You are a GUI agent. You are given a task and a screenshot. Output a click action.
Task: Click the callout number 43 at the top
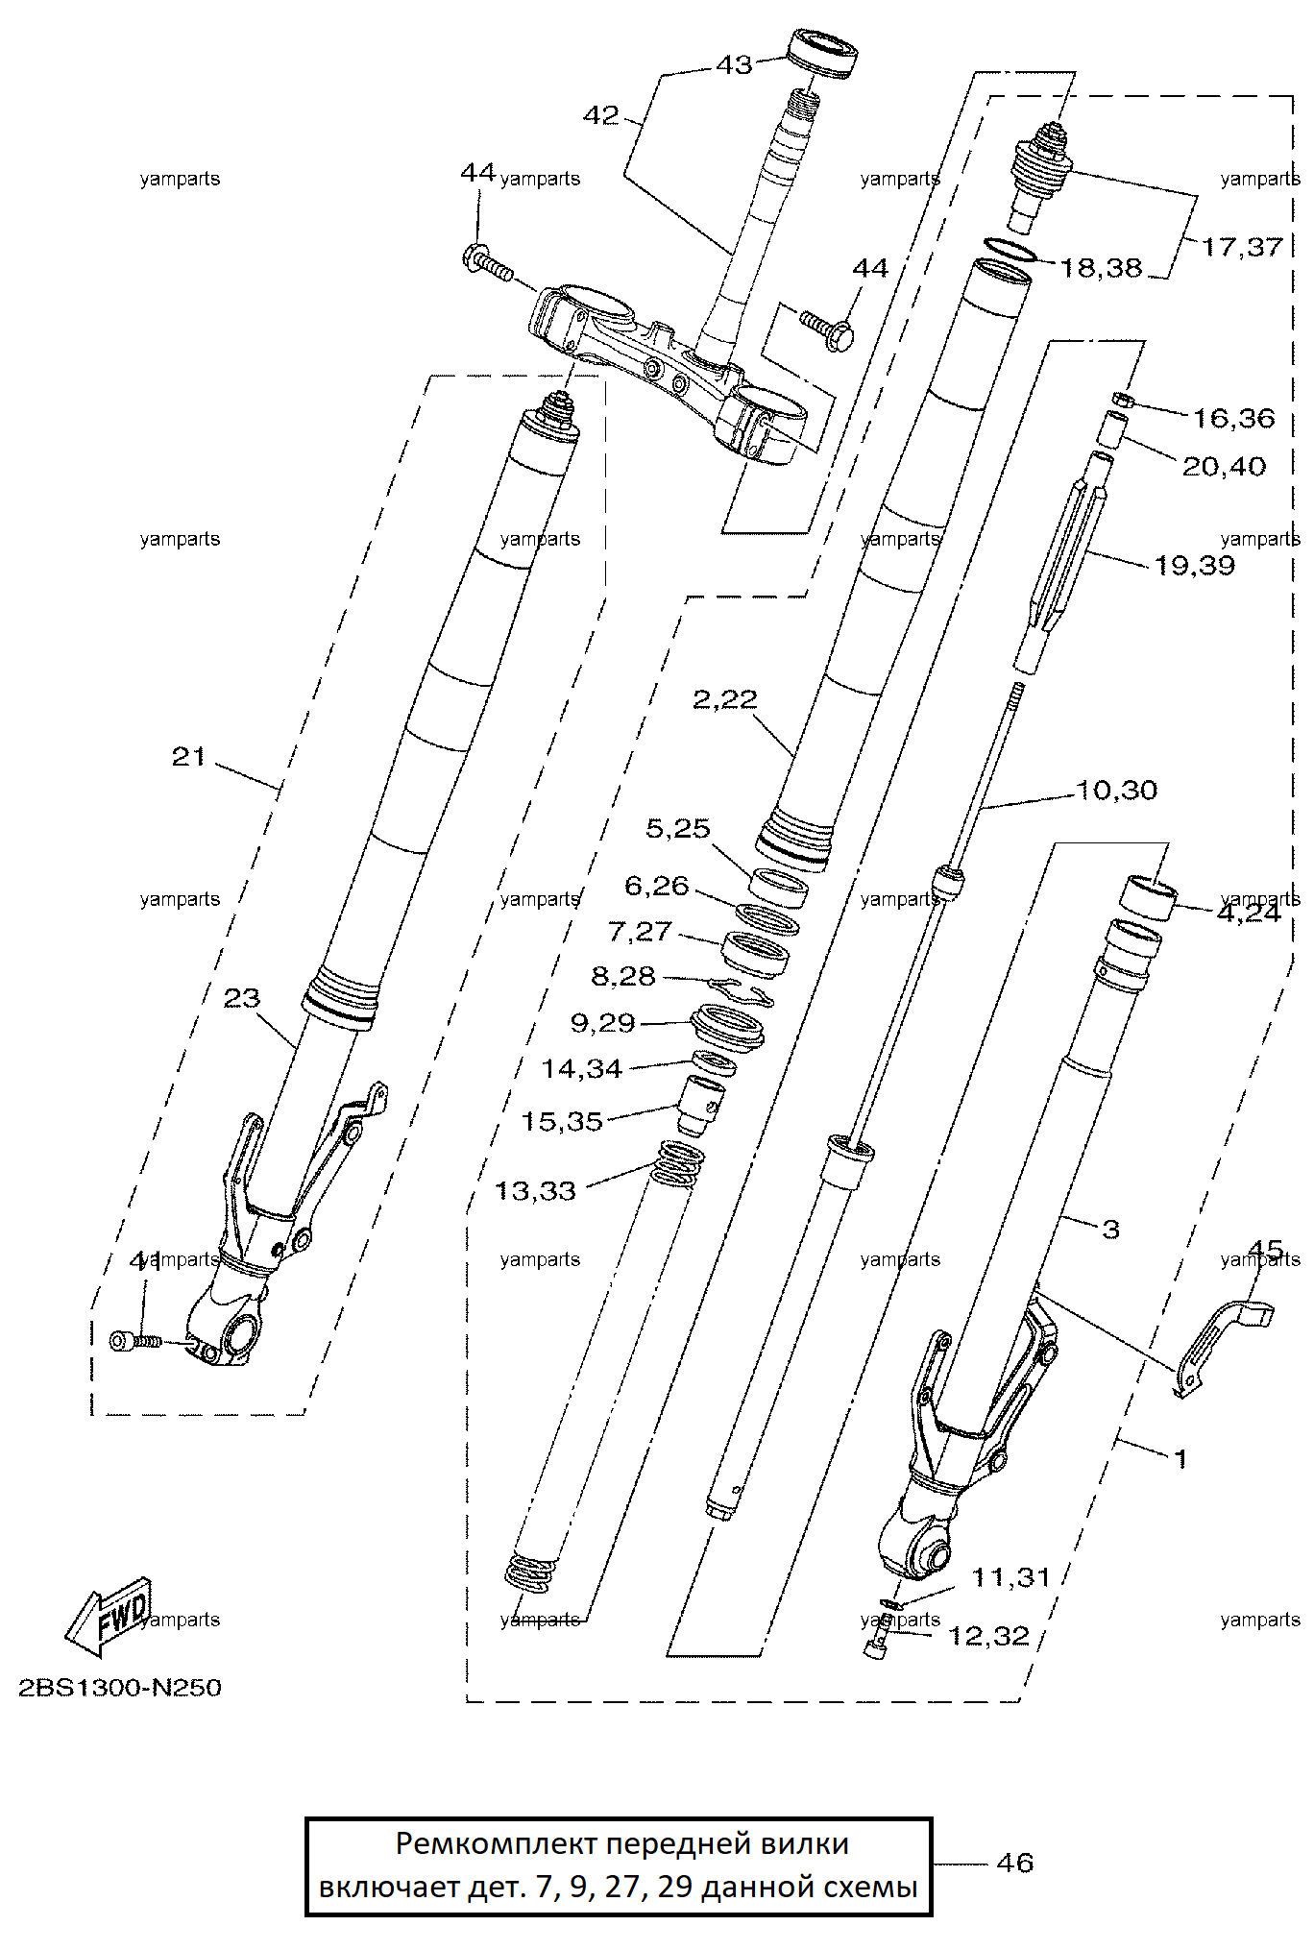click(x=735, y=65)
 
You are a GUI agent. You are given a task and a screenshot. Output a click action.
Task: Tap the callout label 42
click(x=601, y=115)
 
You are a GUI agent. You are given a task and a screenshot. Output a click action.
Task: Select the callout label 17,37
click(x=1242, y=247)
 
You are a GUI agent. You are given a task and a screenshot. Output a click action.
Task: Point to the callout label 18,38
click(x=1101, y=267)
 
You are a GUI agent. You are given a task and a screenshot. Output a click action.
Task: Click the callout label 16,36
click(x=1233, y=418)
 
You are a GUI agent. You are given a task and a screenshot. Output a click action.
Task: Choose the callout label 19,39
click(x=1194, y=565)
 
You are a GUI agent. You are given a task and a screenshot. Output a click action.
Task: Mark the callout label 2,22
click(x=725, y=699)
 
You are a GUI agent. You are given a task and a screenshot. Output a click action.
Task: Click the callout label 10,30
click(x=1116, y=790)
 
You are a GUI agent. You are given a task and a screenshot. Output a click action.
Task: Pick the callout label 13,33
click(x=535, y=1191)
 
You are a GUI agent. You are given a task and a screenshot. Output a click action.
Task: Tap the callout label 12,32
click(x=988, y=1636)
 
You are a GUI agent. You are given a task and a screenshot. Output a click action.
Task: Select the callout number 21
click(x=189, y=757)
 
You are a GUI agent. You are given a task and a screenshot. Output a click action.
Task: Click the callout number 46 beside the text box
click(x=1014, y=1864)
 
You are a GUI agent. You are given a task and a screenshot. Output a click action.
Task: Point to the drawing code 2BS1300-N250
click(x=120, y=1688)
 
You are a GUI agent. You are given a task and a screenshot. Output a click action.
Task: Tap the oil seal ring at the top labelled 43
click(x=823, y=55)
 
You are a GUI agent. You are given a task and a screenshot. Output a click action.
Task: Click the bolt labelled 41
click(x=134, y=1341)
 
